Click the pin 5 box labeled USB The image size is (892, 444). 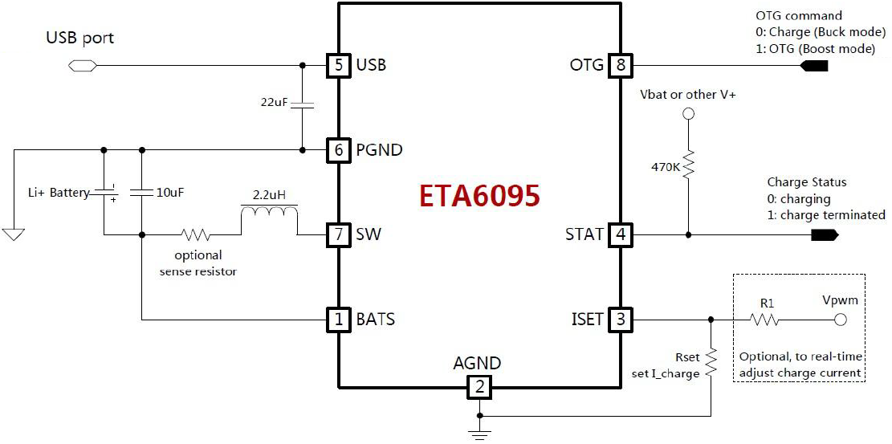339,65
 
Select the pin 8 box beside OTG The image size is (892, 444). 620,65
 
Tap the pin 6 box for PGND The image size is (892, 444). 339,149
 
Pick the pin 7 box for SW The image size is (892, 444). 339,235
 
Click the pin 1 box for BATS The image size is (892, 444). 339,320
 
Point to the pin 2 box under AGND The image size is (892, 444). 479,389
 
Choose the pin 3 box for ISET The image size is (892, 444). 620,320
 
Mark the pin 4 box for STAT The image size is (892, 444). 620,235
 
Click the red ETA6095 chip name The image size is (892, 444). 479,196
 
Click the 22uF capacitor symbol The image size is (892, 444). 302,105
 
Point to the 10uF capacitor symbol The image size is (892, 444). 142,193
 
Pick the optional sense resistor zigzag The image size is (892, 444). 197,235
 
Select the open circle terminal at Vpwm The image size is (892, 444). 841,320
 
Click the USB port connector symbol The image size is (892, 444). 79,65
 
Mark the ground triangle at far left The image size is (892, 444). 14,234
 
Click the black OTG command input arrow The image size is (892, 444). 817,65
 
